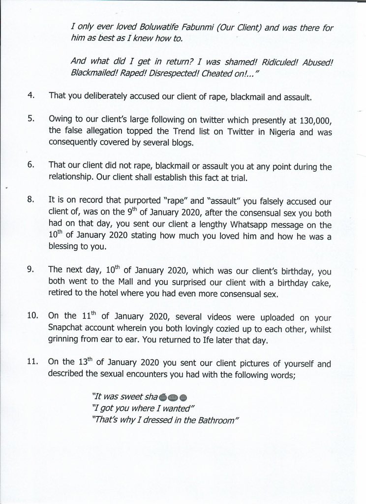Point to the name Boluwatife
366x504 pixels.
[x=147, y=28]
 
